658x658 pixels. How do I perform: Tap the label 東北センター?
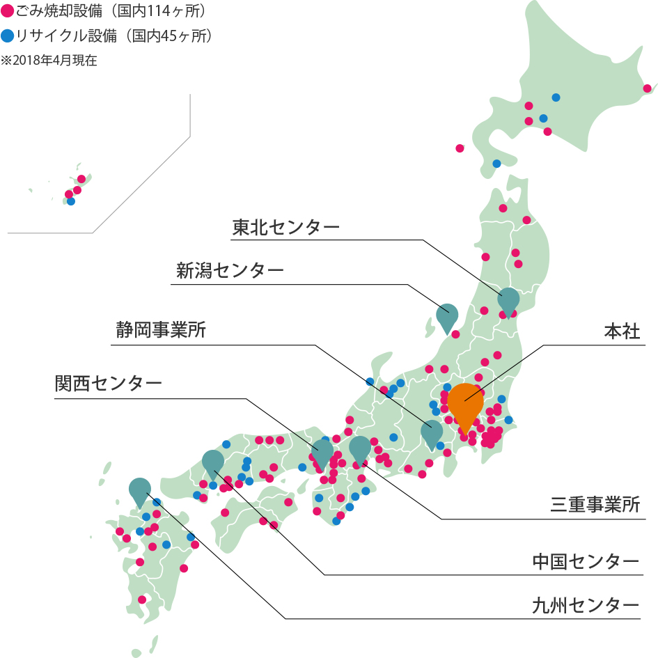pos(285,228)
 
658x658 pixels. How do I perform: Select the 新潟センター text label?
pos(230,271)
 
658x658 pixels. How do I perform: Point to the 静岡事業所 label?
pos(161,330)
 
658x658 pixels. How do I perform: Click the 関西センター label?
pos(109,383)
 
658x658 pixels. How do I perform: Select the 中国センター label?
pos(585,561)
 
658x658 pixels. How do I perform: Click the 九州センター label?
pos(585,604)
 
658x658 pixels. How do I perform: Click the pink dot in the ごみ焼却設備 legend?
pos(8,12)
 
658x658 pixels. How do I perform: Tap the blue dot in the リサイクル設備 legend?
pos(8,36)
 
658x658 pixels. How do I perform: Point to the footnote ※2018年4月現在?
pos(49,60)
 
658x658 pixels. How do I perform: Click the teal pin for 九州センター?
pos(140,490)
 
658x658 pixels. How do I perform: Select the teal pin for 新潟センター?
pos(447,315)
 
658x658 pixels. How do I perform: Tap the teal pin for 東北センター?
pos(509,299)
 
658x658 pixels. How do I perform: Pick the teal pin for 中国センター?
pos(213,462)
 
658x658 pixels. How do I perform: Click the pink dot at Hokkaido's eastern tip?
pos(648,88)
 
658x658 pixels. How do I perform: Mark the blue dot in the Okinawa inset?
pos(71,201)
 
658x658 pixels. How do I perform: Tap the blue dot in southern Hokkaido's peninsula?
pos(496,164)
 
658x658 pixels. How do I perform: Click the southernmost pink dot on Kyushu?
pos(142,599)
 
